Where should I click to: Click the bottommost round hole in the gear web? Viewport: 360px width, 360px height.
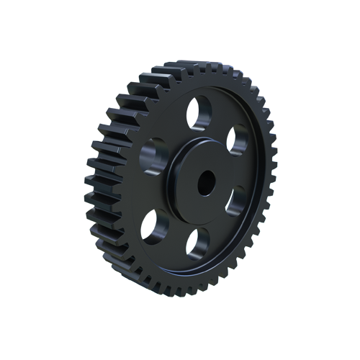[x=197, y=241]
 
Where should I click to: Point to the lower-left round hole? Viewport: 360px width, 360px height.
[x=154, y=226]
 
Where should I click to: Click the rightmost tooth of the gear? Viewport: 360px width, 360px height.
[x=271, y=180]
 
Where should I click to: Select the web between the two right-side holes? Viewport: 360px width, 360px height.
[x=243, y=173]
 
